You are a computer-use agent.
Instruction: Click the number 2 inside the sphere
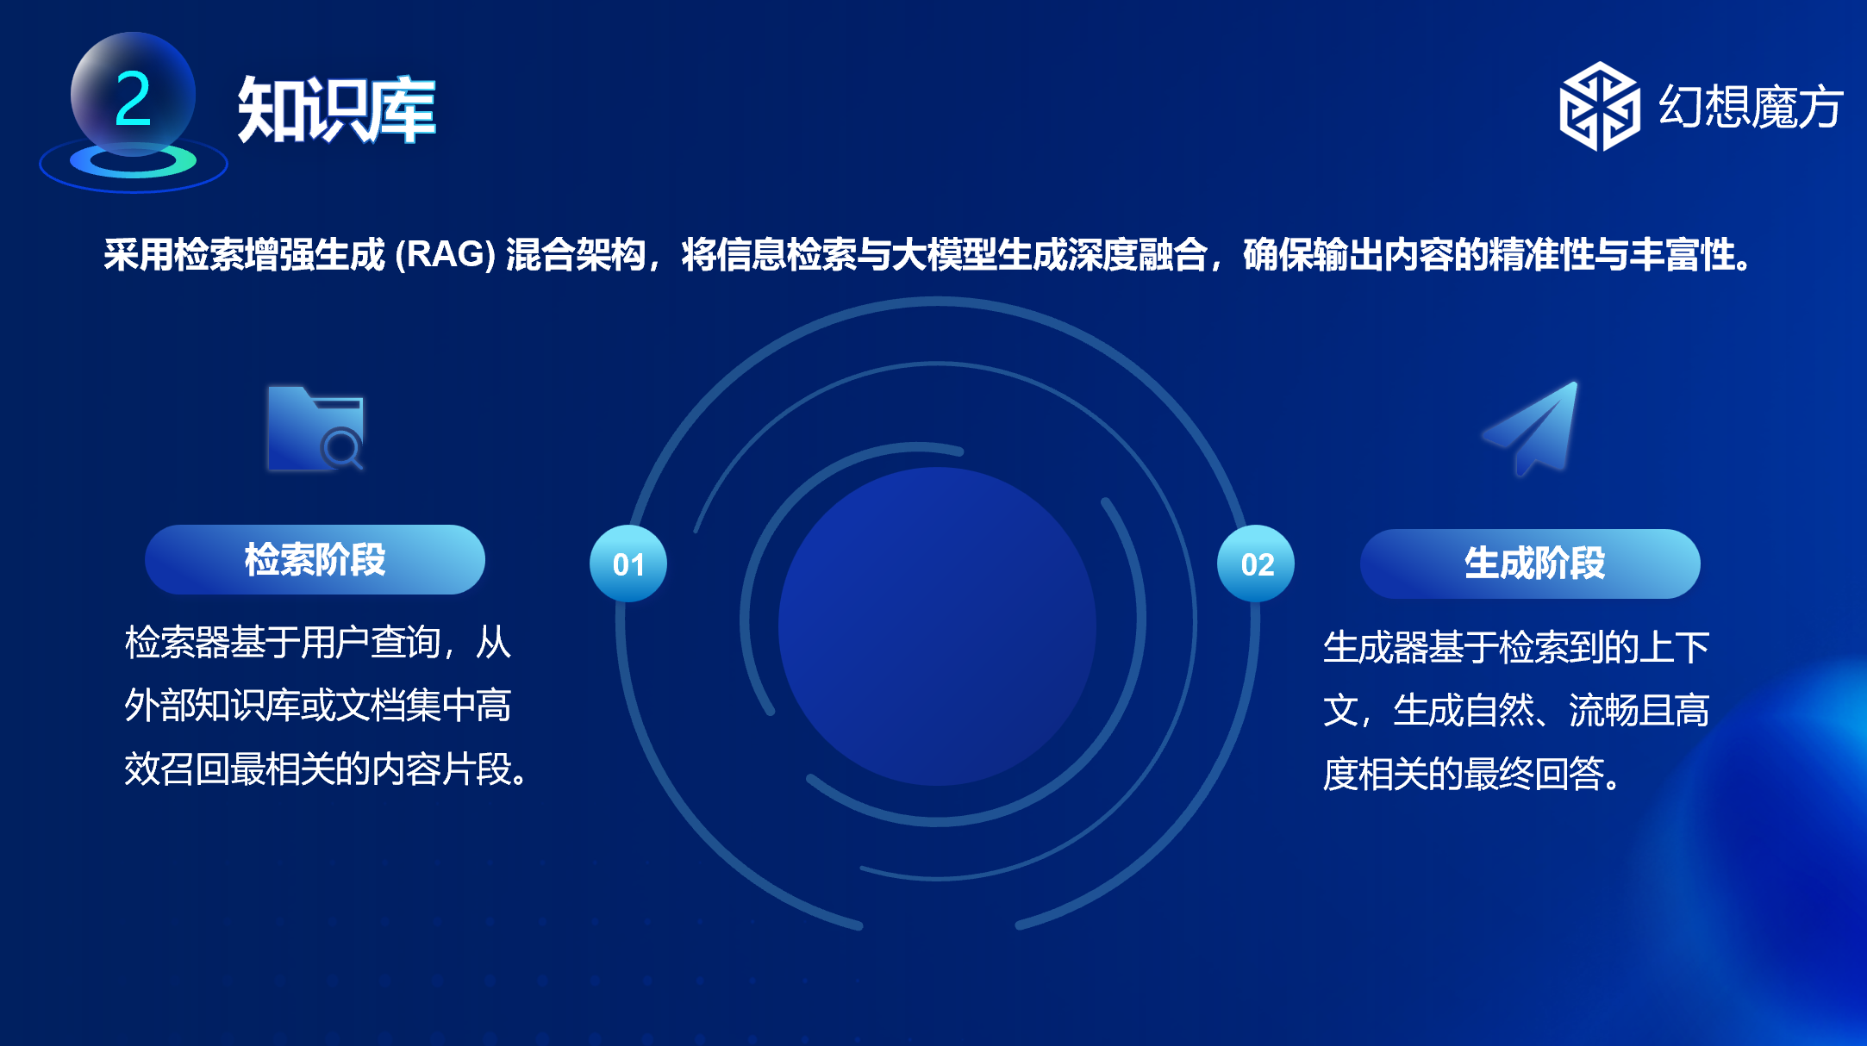tap(133, 98)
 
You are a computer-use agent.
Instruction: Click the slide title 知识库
tap(336, 109)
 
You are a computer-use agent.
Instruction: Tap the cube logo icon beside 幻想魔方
tap(1599, 106)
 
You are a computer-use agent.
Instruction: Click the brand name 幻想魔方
tap(1750, 107)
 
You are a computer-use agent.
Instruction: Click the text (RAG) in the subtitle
tap(445, 255)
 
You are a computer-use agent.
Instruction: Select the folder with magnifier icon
tap(315, 428)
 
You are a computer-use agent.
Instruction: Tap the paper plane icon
tap(1531, 428)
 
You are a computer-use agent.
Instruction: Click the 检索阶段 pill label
tap(315, 560)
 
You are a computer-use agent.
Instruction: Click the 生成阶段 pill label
tap(1530, 564)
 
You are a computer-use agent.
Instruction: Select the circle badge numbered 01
tap(628, 563)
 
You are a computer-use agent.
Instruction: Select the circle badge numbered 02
tap(1256, 563)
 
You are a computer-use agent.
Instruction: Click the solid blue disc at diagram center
tap(937, 626)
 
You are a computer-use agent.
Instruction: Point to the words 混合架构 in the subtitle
tap(576, 255)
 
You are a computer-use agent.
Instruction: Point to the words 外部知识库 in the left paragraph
tap(212, 706)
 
